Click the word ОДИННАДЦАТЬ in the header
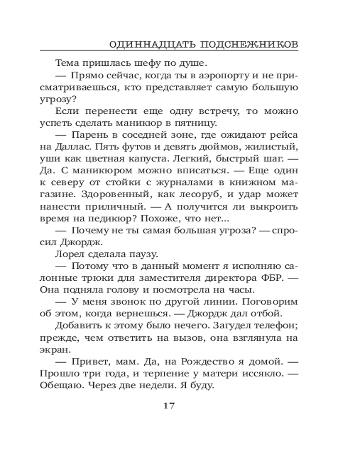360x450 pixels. point(145,45)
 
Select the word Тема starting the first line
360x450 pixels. point(67,63)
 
